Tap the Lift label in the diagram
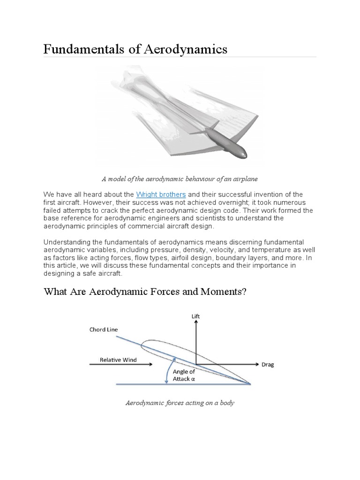click(x=195, y=316)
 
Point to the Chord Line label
click(x=103, y=330)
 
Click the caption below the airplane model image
click(x=180, y=179)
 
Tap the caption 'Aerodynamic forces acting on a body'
click(x=180, y=402)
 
